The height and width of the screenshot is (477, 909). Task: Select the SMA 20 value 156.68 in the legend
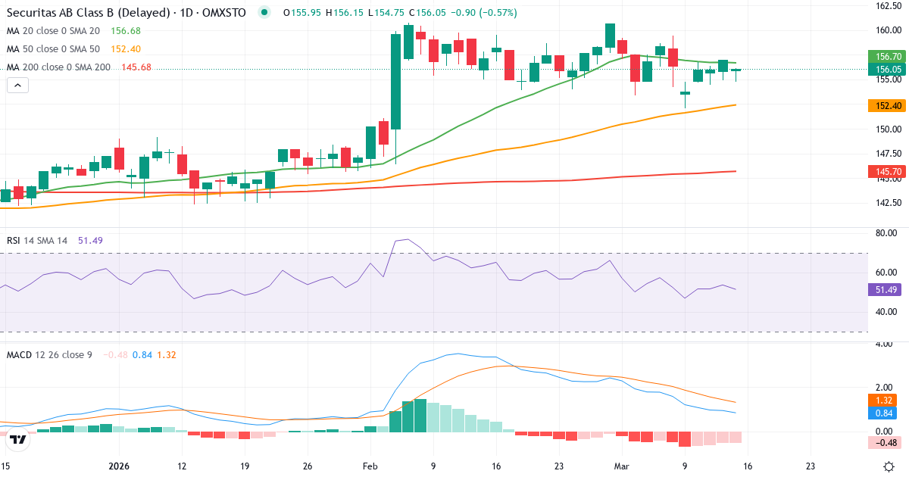point(126,31)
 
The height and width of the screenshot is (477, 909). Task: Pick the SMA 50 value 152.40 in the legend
point(126,49)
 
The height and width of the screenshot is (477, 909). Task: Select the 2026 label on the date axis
point(120,466)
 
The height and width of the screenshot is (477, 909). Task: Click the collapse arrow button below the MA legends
point(17,86)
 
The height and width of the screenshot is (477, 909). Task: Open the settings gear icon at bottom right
point(891,466)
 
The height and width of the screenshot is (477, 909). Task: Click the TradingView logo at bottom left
point(19,439)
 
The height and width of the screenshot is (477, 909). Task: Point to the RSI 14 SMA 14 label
point(37,241)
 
